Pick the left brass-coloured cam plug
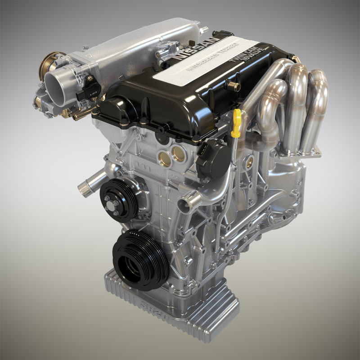click(165, 158)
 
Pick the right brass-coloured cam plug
click(179, 153)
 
